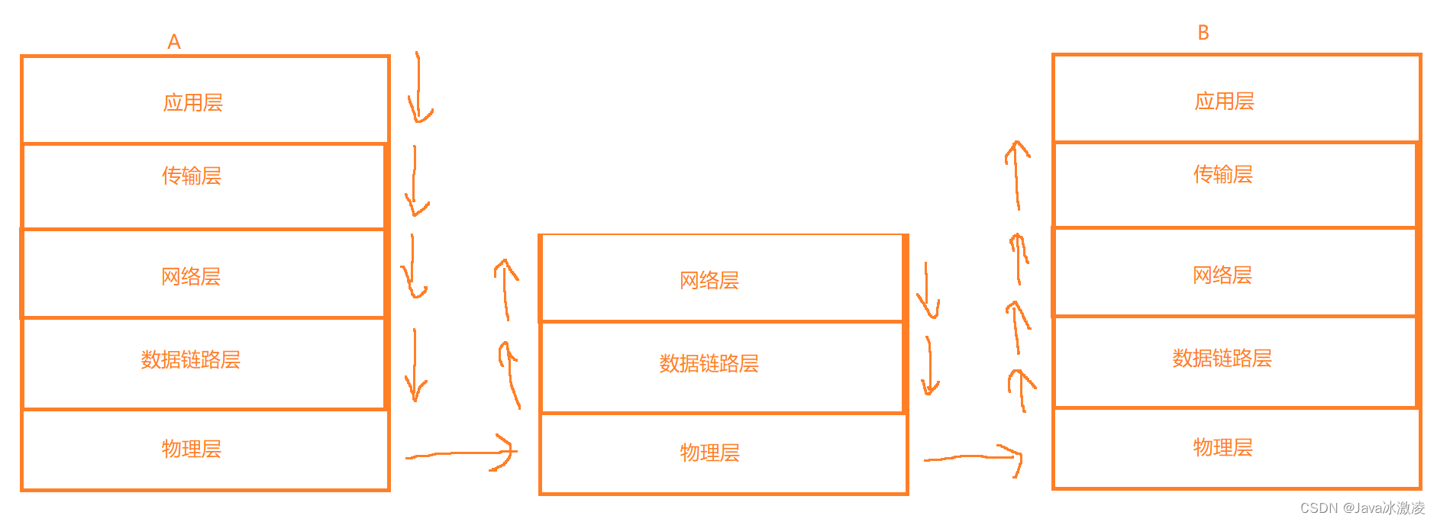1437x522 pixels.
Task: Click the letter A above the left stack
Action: pyautogui.click(x=174, y=42)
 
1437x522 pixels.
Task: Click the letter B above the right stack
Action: pyautogui.click(x=1203, y=33)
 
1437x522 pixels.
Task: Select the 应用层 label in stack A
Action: pyautogui.click(x=193, y=103)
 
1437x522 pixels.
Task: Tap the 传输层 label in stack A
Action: pyautogui.click(x=192, y=176)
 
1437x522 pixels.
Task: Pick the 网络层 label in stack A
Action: pyautogui.click(x=191, y=276)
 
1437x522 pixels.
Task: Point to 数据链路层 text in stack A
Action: pyautogui.click(x=191, y=359)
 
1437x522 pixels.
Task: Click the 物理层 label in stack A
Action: pyautogui.click(x=192, y=449)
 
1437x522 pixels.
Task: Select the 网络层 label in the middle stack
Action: pyautogui.click(x=709, y=281)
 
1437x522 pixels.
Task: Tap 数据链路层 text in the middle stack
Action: pyautogui.click(x=709, y=363)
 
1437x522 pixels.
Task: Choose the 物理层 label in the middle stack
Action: pyautogui.click(x=710, y=453)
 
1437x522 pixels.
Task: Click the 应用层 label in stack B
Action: pyautogui.click(x=1225, y=101)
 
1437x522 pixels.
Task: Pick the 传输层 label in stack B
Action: pyautogui.click(x=1223, y=175)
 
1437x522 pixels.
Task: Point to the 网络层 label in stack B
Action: pyautogui.click(x=1222, y=275)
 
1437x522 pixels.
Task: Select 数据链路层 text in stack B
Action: pyautogui.click(x=1222, y=358)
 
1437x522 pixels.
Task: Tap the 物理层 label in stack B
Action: pyautogui.click(x=1223, y=447)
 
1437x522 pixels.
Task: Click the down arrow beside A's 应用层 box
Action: pyautogui.click(x=418, y=88)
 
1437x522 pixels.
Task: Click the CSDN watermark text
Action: pyautogui.click(x=1362, y=508)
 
